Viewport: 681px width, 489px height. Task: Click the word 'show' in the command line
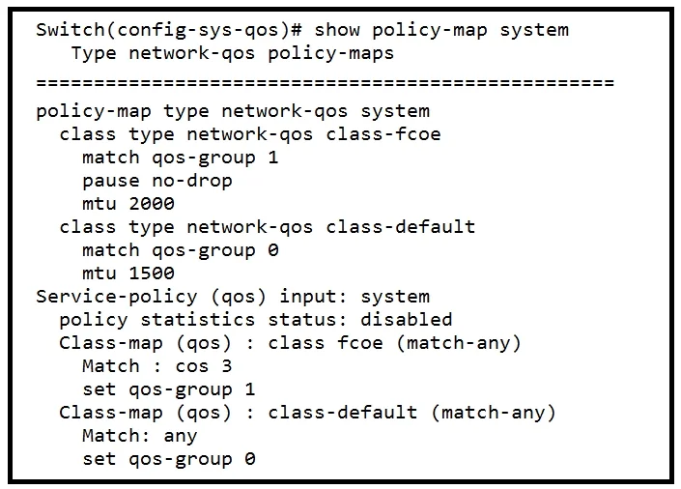point(337,30)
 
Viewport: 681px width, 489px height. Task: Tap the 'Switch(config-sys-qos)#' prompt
point(169,30)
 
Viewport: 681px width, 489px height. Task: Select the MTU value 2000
point(152,203)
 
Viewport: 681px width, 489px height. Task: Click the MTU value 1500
point(152,273)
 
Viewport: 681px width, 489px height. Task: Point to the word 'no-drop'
point(192,181)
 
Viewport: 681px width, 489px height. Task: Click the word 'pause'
point(111,182)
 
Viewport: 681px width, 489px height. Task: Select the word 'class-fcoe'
point(383,134)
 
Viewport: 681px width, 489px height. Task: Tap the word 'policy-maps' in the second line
point(330,53)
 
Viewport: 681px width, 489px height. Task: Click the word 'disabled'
point(406,320)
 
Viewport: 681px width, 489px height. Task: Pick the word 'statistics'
point(197,320)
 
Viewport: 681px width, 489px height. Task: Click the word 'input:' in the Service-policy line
point(313,297)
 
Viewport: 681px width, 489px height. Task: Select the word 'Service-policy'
point(116,297)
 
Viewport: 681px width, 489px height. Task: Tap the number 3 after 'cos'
point(227,366)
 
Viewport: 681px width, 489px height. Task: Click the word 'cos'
point(192,367)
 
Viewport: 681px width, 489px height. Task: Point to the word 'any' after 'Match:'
point(181,437)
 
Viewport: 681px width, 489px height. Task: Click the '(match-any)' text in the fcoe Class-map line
point(459,343)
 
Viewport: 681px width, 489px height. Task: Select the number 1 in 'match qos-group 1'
point(272,158)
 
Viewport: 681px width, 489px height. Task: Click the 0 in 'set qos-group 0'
point(250,459)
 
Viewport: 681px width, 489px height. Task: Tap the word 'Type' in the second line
point(94,53)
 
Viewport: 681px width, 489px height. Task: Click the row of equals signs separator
point(325,82)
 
